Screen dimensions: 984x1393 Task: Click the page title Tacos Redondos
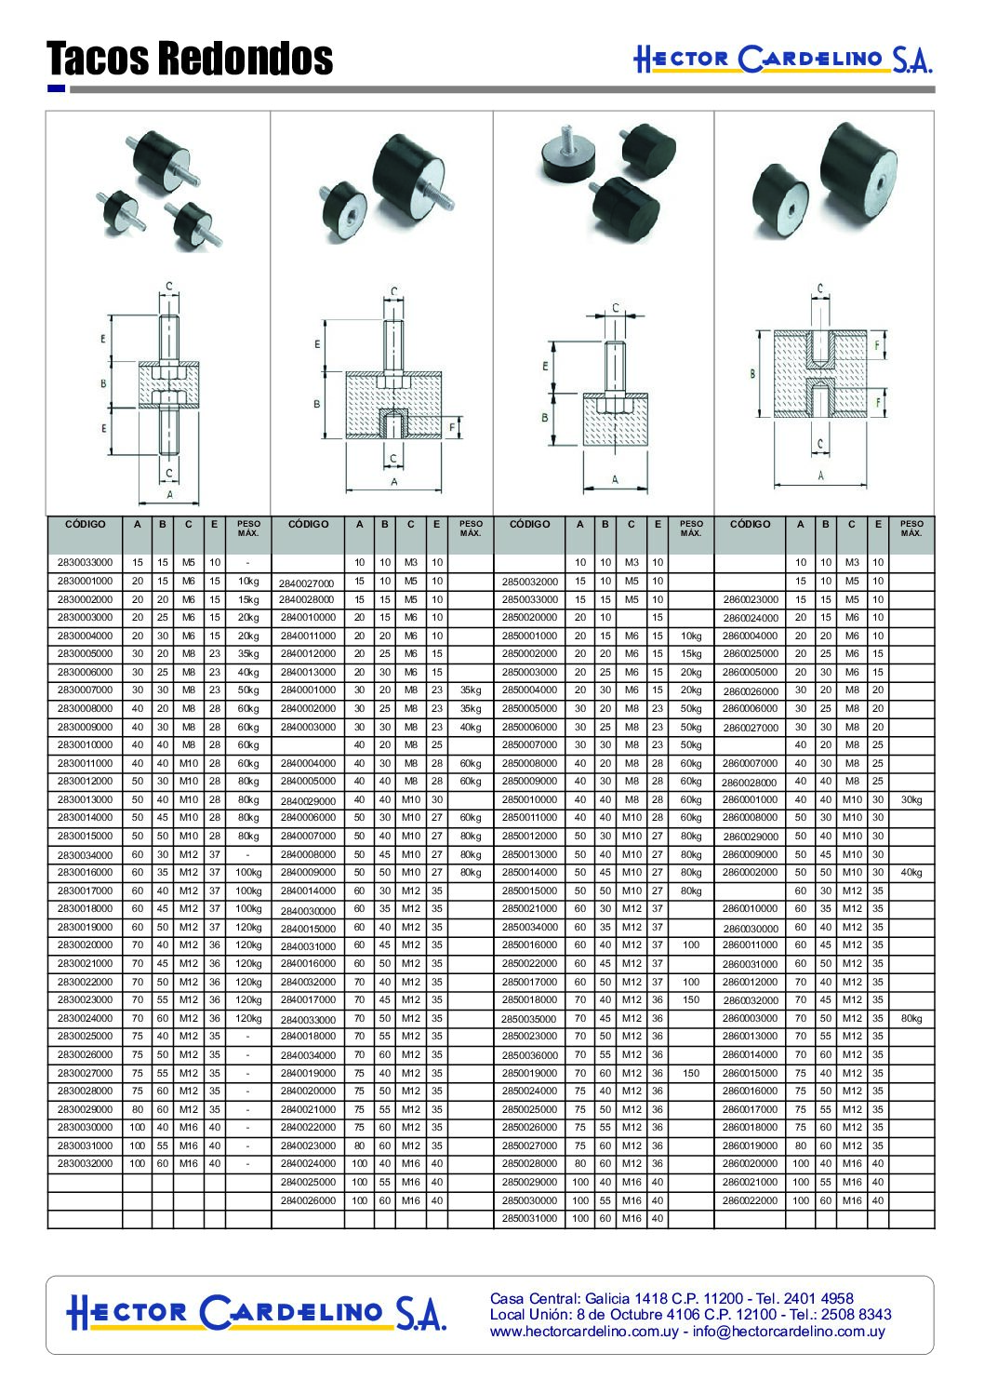[x=190, y=58]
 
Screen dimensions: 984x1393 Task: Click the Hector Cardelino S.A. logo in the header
[x=783, y=60]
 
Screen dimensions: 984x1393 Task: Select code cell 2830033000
[x=86, y=562]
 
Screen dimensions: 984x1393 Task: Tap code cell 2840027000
[x=306, y=583]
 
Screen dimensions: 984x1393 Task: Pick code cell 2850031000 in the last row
[x=529, y=1218]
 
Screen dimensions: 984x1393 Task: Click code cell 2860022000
[x=750, y=1200]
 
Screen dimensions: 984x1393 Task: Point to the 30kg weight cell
[x=911, y=799]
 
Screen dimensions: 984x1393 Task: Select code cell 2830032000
[x=86, y=1163]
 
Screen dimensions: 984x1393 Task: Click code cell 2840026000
[x=308, y=1200]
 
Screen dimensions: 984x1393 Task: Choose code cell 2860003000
[x=750, y=1018]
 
